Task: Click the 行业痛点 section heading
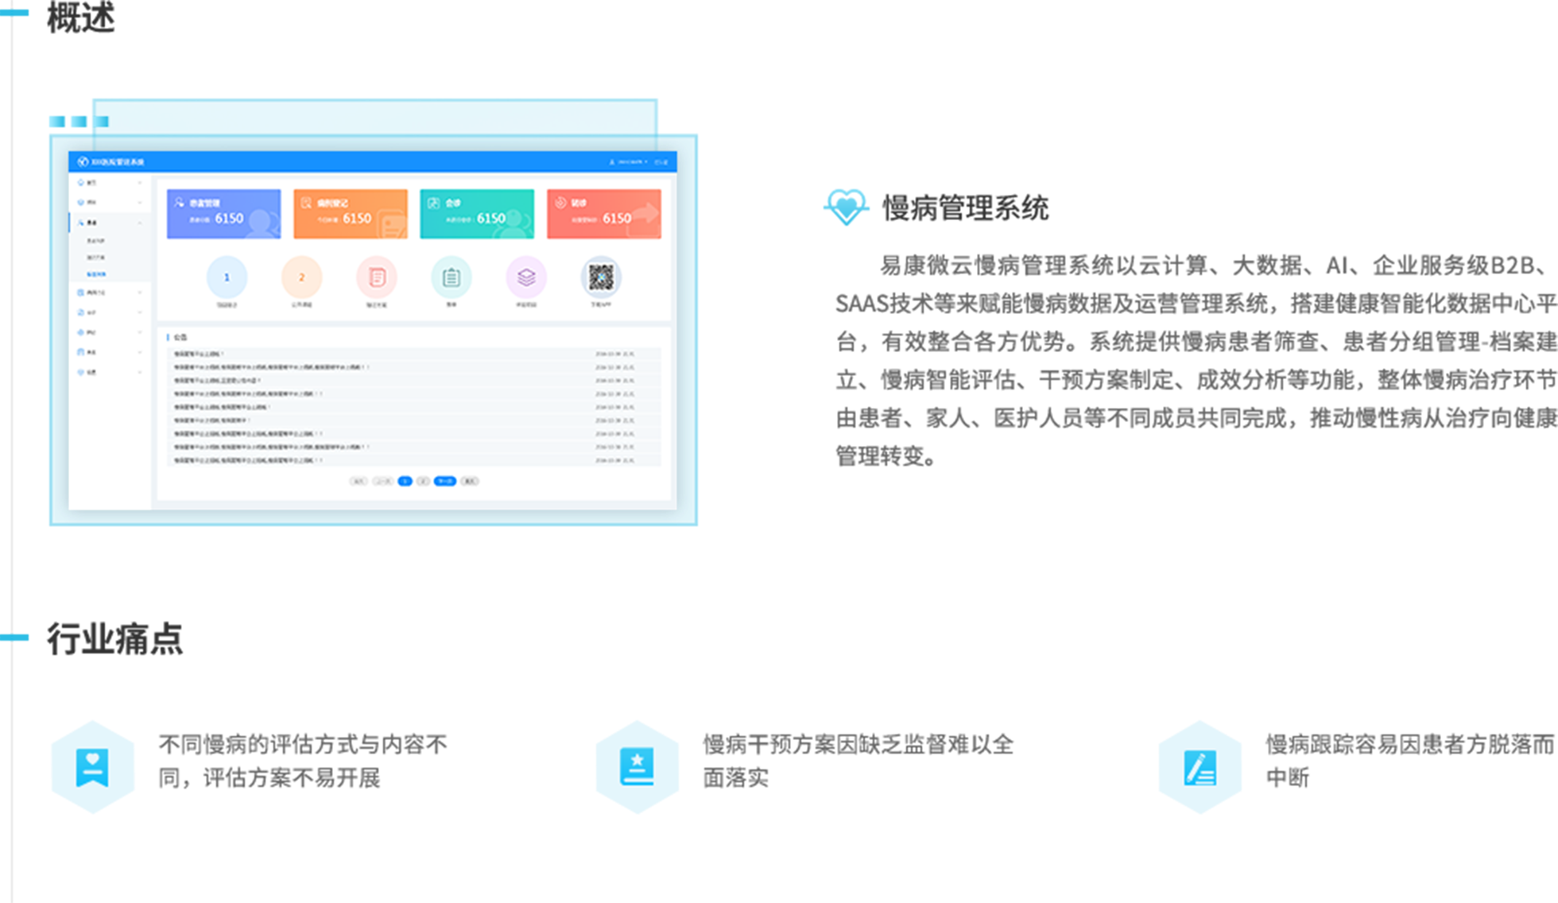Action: [x=114, y=638]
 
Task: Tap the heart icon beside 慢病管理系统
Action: [x=846, y=207]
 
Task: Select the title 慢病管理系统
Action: [x=966, y=208]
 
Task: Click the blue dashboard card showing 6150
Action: [x=223, y=214]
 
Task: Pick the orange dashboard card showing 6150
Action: [x=351, y=214]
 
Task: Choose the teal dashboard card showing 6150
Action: [x=477, y=214]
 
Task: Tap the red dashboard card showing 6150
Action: [x=604, y=214]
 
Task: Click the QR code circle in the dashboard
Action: [x=601, y=277]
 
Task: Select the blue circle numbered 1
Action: [x=227, y=277]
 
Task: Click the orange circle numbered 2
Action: [x=301, y=277]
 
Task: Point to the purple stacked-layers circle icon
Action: [x=526, y=277]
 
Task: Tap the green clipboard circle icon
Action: [x=452, y=277]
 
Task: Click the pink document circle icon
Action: [x=377, y=277]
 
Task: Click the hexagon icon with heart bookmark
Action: [x=92, y=767]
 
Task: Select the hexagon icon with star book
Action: [x=638, y=767]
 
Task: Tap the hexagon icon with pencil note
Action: [x=1200, y=767]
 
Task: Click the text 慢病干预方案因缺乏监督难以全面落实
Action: [x=857, y=760]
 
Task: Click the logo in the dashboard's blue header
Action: [x=83, y=162]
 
